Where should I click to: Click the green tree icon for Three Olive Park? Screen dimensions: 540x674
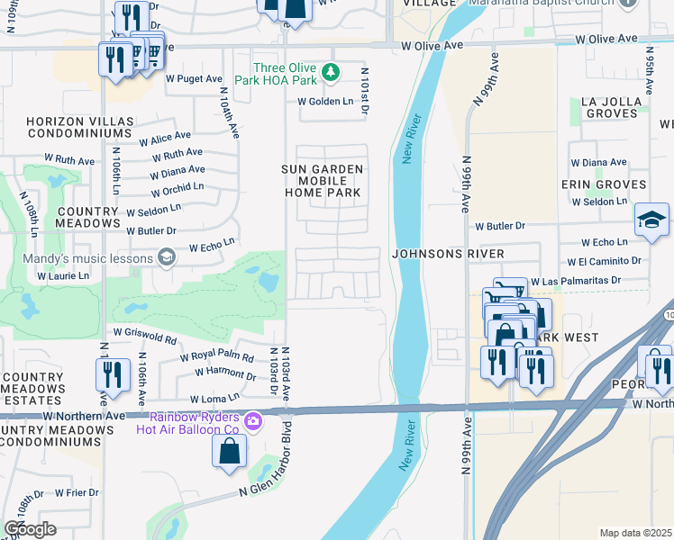[x=331, y=73]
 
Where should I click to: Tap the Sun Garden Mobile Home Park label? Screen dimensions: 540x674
[x=323, y=181]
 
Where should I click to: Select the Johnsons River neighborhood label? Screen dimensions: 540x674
[x=448, y=255]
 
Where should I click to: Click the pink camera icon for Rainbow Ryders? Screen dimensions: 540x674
[x=253, y=420]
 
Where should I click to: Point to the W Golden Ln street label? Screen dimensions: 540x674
[x=326, y=102]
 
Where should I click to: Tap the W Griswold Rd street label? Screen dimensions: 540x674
[x=145, y=337]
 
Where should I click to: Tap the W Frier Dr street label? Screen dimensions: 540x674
[x=77, y=492]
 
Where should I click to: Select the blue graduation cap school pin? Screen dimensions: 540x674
[x=651, y=220]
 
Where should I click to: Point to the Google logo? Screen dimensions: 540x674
[x=30, y=529]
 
